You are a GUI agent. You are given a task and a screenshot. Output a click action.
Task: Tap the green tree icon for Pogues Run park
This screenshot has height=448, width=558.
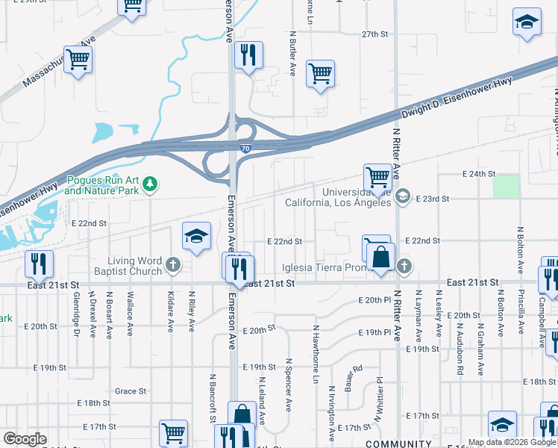coord(150,183)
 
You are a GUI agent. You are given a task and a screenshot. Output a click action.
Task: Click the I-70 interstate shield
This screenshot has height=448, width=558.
coord(245,149)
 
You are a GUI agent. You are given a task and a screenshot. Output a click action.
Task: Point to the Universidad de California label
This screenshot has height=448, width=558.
coord(338,198)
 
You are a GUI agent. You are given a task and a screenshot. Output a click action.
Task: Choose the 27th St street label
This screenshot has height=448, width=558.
coord(375,34)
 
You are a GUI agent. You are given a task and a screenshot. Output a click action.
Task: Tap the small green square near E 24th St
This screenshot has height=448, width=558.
coord(506,186)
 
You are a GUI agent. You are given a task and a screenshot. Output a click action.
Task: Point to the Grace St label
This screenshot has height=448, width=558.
coord(131,391)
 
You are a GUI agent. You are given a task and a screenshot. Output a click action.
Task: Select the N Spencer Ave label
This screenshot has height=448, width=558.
coord(288,384)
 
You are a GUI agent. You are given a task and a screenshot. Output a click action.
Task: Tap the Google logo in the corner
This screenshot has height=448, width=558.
coord(25,439)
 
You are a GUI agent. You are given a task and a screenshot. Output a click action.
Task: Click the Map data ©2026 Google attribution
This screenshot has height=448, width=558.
coord(512,442)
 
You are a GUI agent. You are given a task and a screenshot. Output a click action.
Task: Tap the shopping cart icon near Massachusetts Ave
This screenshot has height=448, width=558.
coord(78,58)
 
